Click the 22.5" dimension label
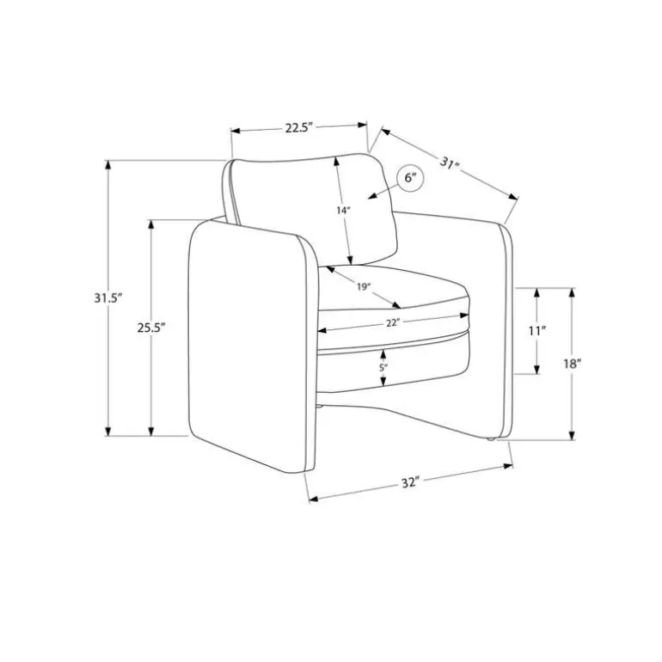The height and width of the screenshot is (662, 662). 298,127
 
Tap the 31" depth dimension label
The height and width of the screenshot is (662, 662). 450,163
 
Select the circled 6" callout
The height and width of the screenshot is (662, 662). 409,178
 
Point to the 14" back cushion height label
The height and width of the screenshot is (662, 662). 344,211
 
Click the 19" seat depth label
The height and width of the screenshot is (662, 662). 363,287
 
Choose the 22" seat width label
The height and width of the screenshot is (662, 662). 393,323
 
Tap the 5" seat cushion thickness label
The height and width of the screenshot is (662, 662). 383,368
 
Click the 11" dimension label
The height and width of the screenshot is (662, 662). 537,331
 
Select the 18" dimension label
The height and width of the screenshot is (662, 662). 573,364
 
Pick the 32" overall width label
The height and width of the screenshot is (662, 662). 410,483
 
